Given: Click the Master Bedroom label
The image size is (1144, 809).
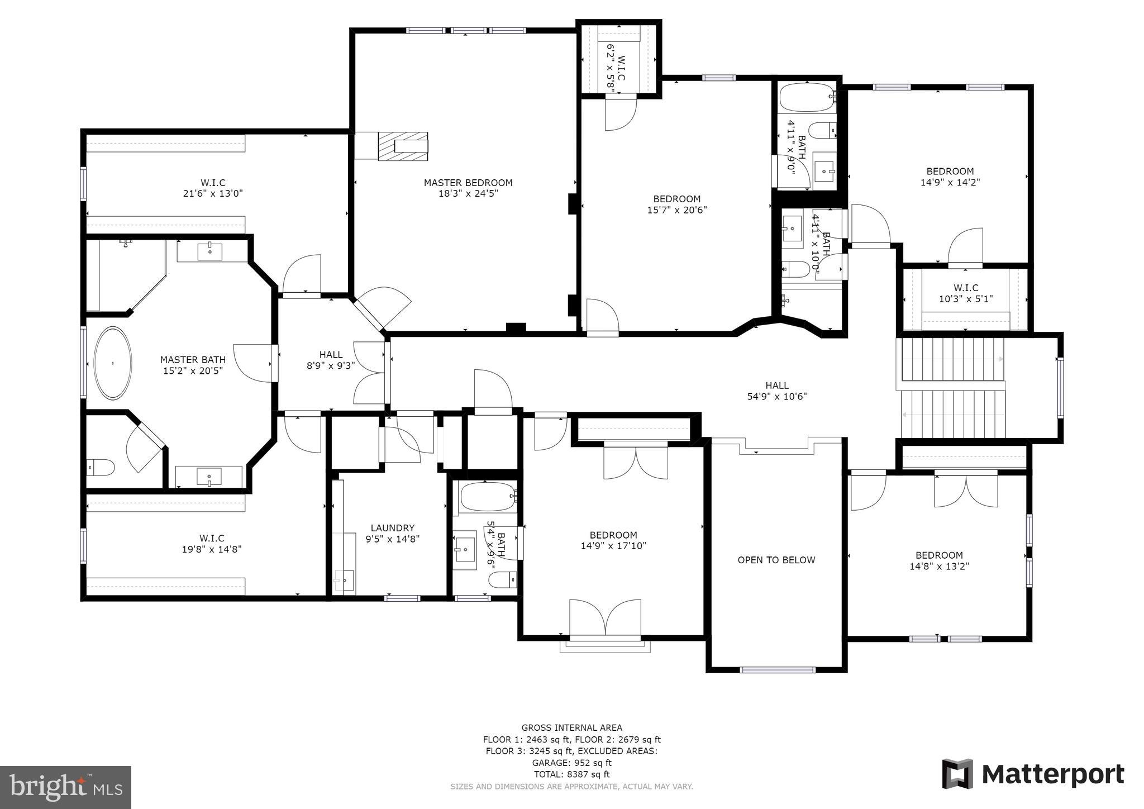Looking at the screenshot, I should pyautogui.click(x=468, y=183).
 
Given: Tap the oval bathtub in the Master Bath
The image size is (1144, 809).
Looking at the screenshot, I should pyautogui.click(x=113, y=363).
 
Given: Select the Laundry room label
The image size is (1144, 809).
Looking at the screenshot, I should pyautogui.click(x=392, y=528).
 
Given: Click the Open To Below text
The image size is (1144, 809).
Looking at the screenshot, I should pyautogui.click(x=776, y=560).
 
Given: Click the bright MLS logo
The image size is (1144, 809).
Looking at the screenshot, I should pyautogui.click(x=65, y=787).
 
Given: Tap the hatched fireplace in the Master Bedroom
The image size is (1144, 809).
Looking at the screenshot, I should pyautogui.click(x=403, y=146).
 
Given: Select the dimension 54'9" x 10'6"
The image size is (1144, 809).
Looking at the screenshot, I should pyautogui.click(x=776, y=397).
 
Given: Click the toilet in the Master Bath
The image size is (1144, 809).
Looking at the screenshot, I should pyautogui.click(x=101, y=467).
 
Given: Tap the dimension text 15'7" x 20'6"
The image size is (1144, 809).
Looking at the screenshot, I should pyautogui.click(x=677, y=210).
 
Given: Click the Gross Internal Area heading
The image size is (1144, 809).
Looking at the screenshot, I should pyautogui.click(x=571, y=727).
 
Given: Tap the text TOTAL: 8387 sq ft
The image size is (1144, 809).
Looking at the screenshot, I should pyautogui.click(x=571, y=774).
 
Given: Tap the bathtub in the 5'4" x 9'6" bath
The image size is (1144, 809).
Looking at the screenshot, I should pyautogui.click(x=486, y=497).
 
